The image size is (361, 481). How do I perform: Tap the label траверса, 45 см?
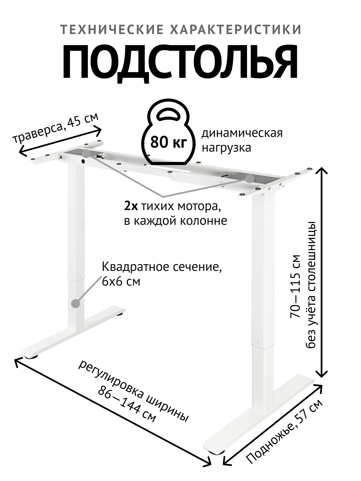pos(55,127)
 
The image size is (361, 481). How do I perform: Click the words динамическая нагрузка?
pos(242,140)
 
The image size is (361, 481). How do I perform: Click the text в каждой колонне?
pos(175,221)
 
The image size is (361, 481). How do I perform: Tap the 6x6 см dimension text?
pos(121,282)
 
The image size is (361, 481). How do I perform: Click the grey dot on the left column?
pos(76,304)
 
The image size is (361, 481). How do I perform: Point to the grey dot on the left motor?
pos(87,154)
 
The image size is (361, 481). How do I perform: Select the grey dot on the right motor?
pos(249,178)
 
